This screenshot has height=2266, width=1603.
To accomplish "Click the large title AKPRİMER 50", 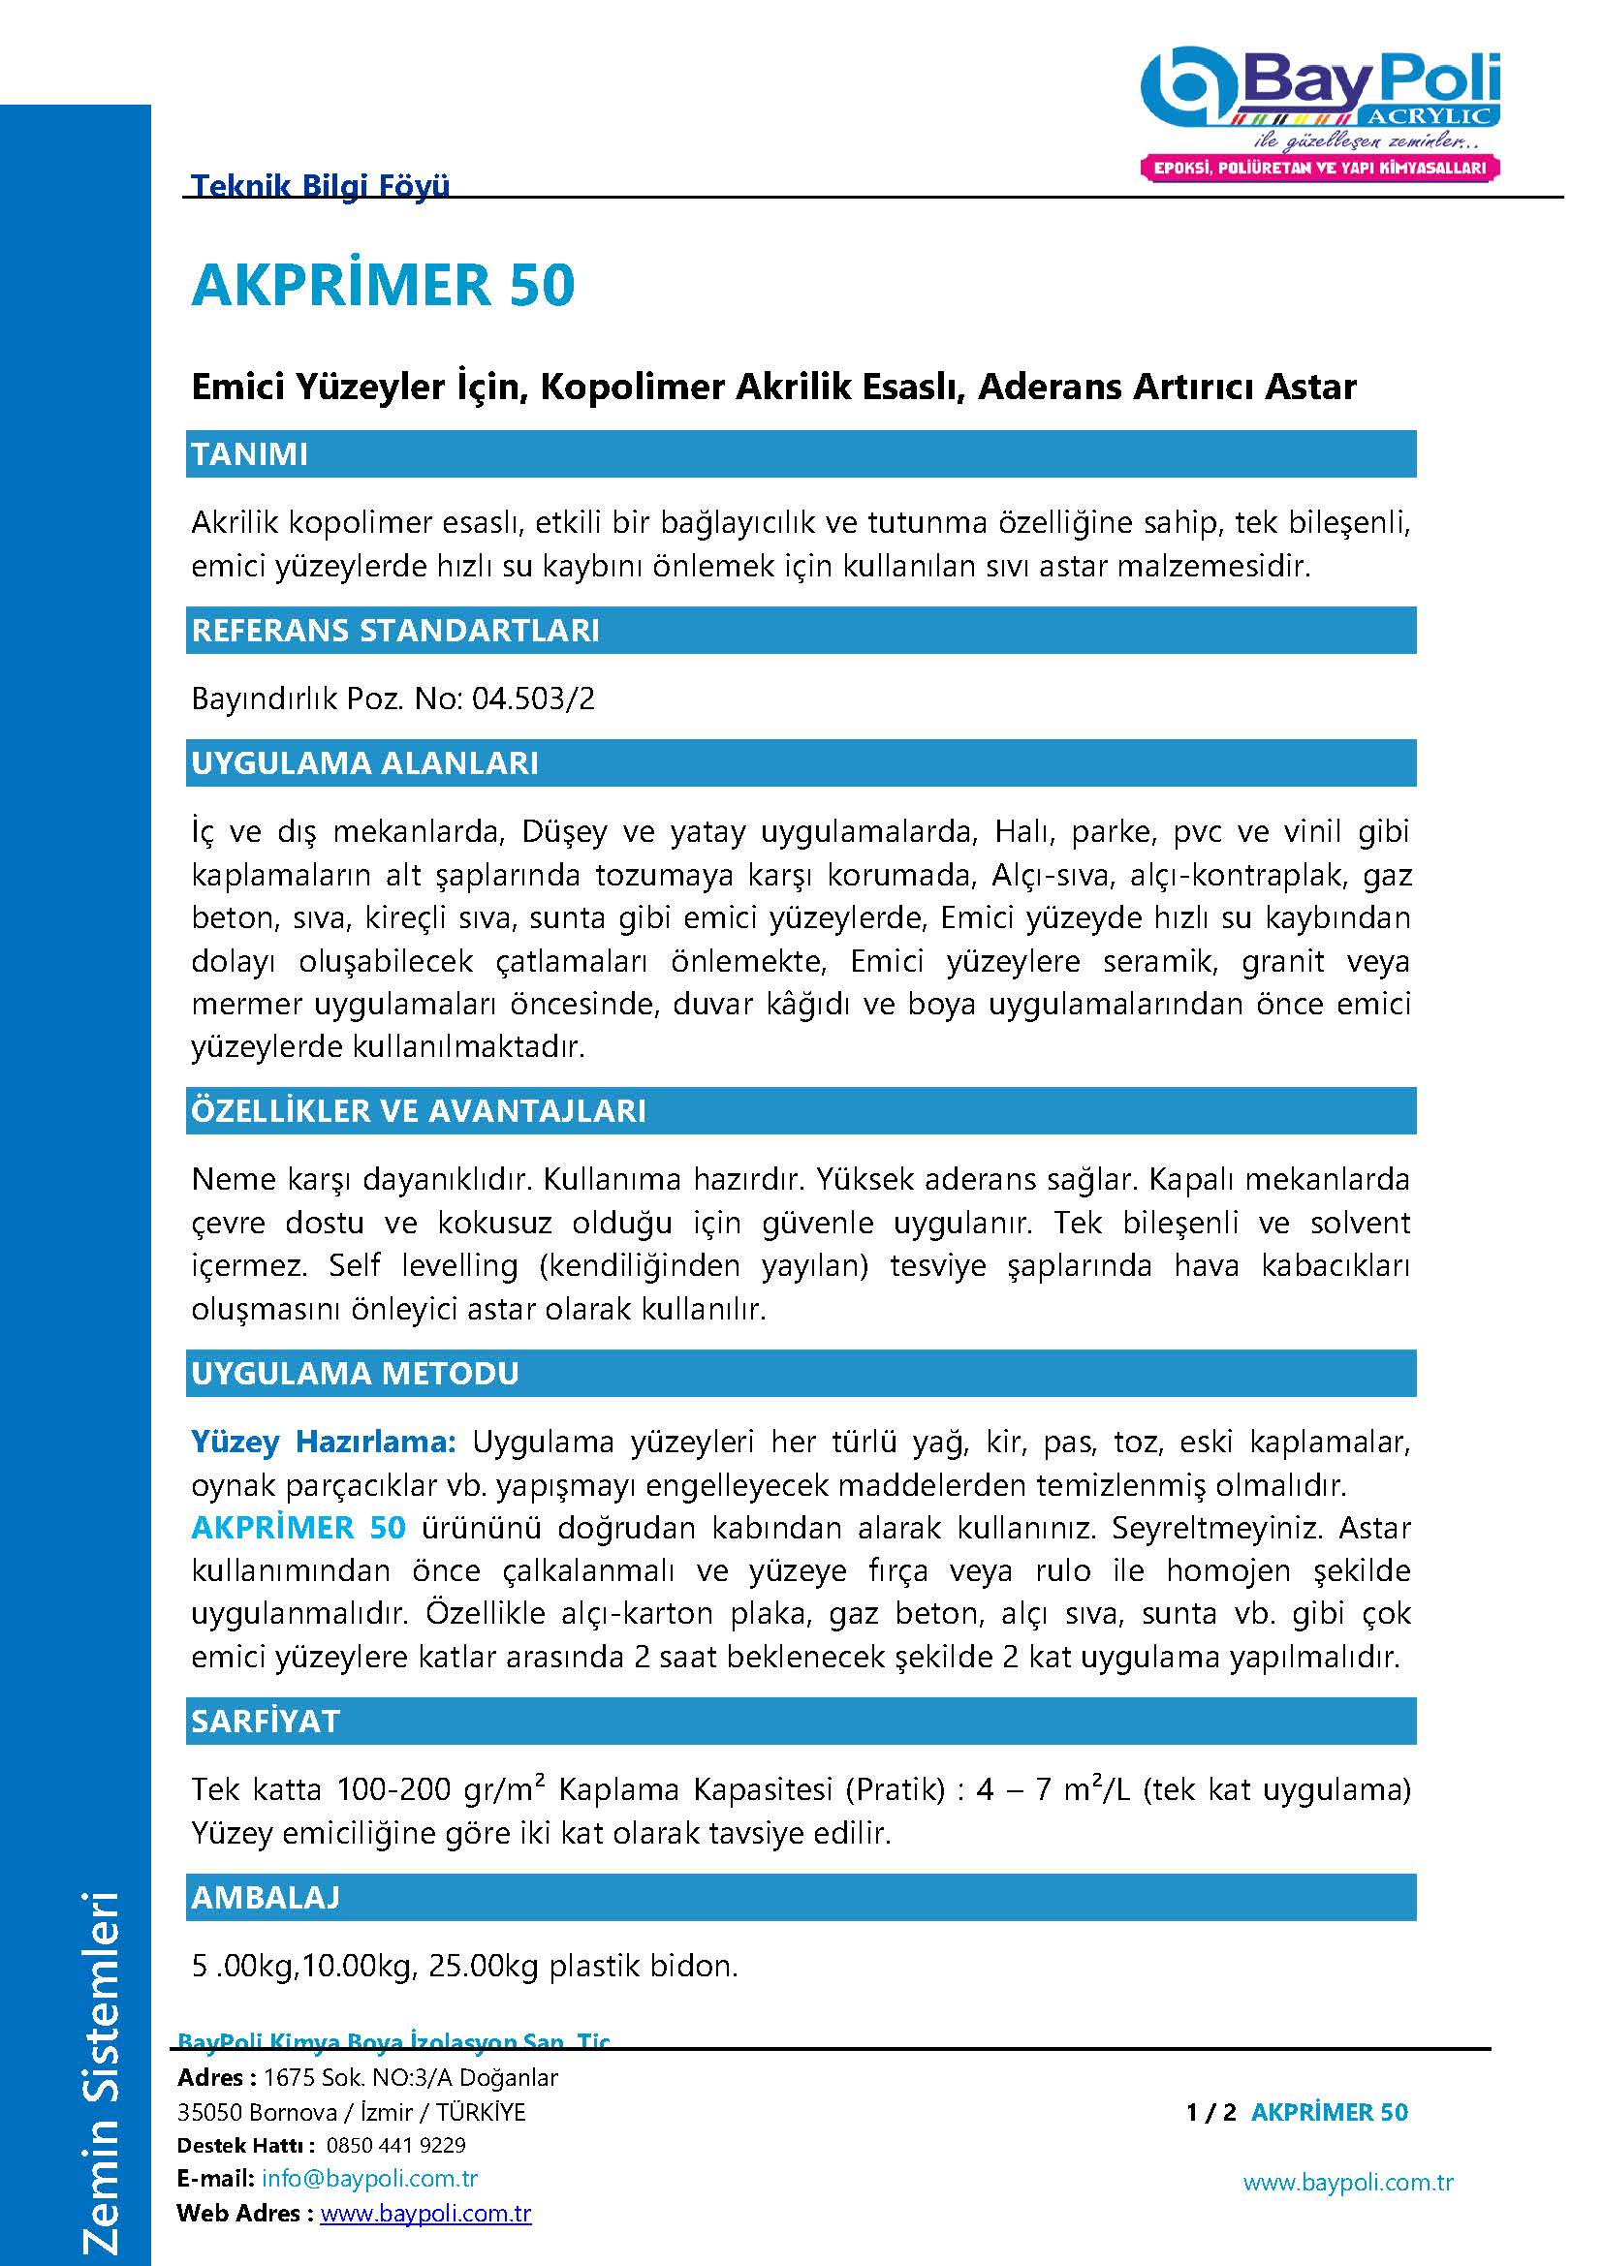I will pos(383,285).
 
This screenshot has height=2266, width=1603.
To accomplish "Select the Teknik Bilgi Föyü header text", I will pos(320,186).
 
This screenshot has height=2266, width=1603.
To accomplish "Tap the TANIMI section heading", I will pos(250,455).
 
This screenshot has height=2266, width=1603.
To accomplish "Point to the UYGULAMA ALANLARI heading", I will pos(365,762).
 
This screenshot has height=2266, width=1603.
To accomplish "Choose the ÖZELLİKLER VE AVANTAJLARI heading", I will pos(419,1111).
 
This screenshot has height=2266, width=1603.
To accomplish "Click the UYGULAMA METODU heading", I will pos(356,1374).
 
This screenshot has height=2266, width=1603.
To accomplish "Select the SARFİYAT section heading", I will pos(266,1722).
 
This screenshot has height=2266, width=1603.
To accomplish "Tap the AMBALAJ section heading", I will pos(266,1897).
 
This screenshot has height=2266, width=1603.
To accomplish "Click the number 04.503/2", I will pos(533,699).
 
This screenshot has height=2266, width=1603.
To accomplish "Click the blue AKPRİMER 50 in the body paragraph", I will pos(299,1528).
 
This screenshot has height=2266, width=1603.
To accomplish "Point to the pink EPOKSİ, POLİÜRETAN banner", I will pos(1320,168).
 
